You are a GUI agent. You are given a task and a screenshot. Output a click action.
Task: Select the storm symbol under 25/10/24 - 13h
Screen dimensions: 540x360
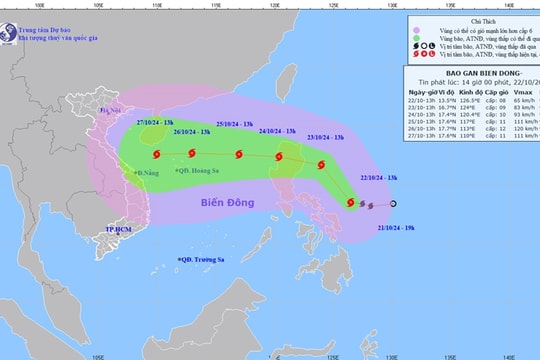click(x=239, y=154)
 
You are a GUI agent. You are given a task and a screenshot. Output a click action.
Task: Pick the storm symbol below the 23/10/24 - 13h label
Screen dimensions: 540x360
click(x=320, y=165)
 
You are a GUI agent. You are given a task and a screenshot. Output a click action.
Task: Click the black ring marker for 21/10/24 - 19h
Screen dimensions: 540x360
click(x=393, y=205)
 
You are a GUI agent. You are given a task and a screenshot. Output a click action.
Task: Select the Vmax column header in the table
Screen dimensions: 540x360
click(x=518, y=95)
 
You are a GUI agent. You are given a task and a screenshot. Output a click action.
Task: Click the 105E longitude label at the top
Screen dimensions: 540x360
click(x=96, y=5)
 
